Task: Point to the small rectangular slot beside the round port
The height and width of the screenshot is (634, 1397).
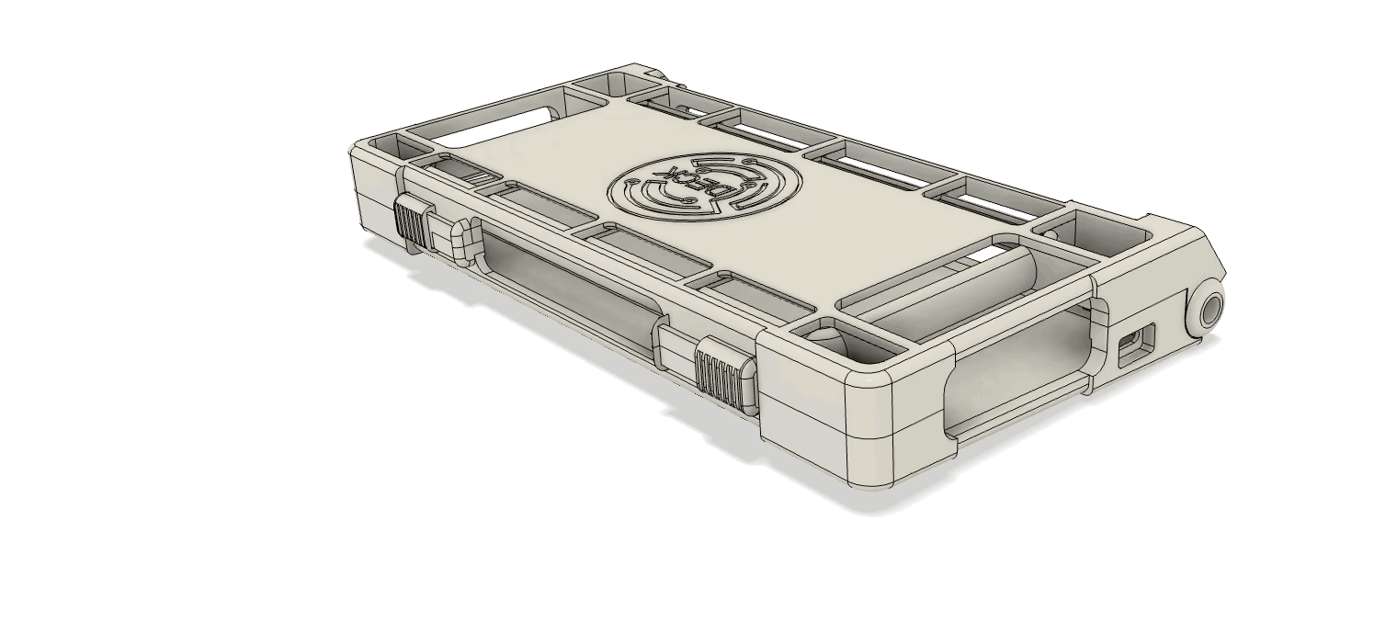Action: [1135, 346]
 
